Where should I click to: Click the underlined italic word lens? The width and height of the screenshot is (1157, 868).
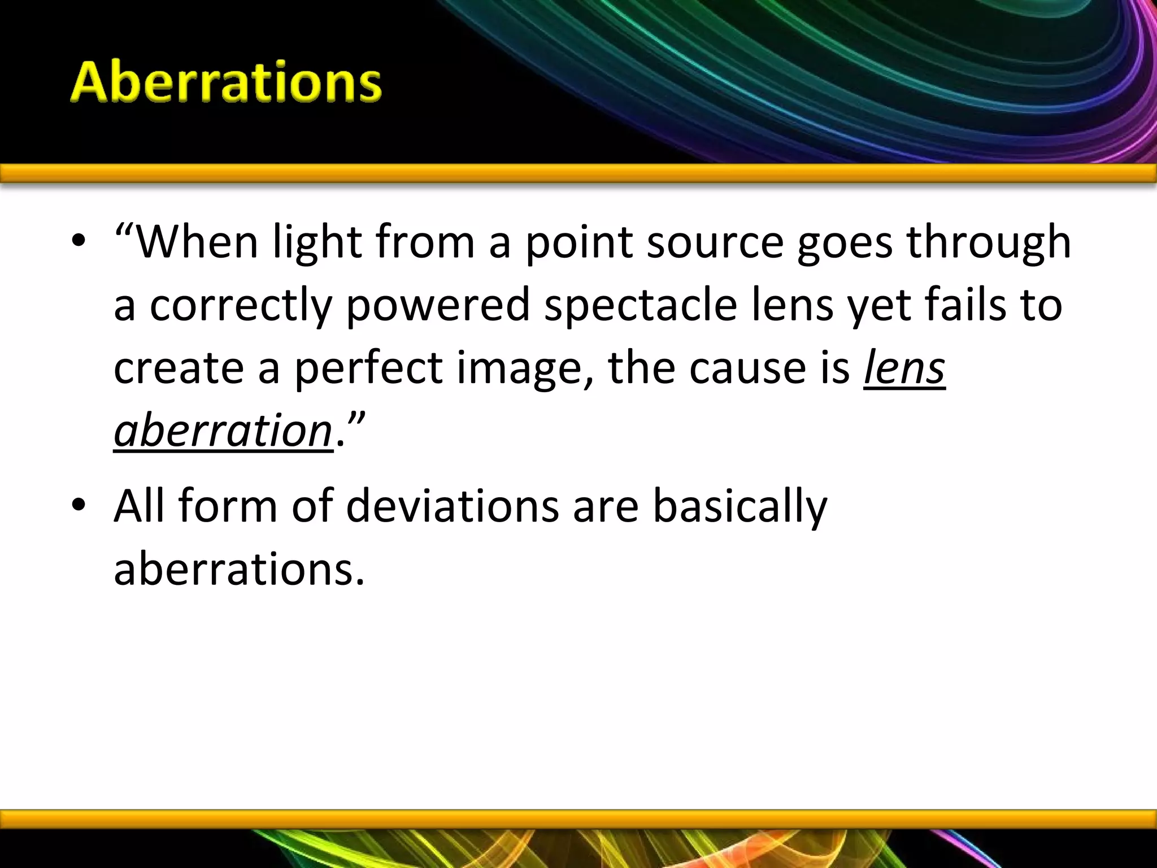point(904,368)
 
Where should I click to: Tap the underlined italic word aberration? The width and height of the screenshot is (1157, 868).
point(223,431)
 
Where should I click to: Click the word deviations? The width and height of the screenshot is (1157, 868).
point(453,505)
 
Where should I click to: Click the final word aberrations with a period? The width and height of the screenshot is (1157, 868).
point(239,568)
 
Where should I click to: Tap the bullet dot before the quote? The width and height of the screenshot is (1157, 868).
point(79,242)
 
